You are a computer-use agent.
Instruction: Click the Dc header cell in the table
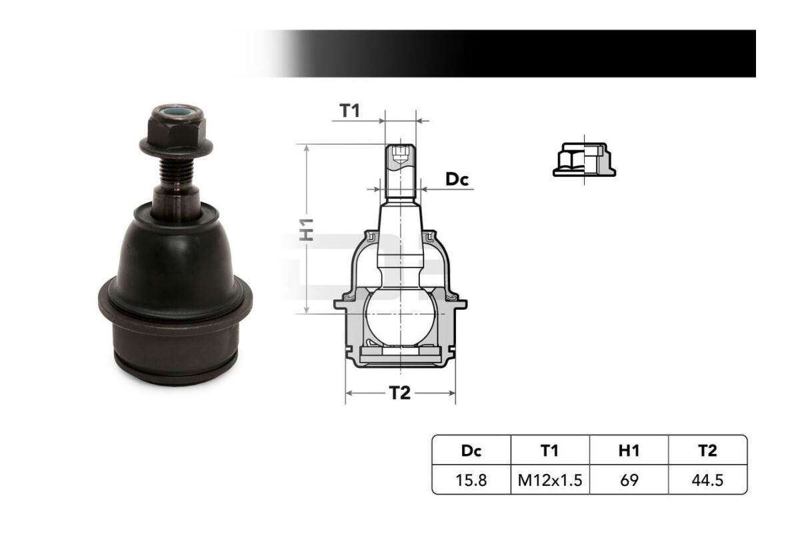point(471,451)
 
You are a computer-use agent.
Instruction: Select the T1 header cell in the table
point(550,451)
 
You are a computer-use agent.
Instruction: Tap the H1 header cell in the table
point(629,451)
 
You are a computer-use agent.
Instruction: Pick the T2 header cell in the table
point(707,451)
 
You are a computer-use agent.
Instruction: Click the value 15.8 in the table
point(471,480)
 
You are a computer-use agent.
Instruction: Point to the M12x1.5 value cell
point(550,480)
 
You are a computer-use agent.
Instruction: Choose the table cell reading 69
point(629,480)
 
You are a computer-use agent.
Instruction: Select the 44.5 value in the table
point(707,480)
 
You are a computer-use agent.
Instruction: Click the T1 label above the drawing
point(349,111)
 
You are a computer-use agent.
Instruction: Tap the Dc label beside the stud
point(457,179)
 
